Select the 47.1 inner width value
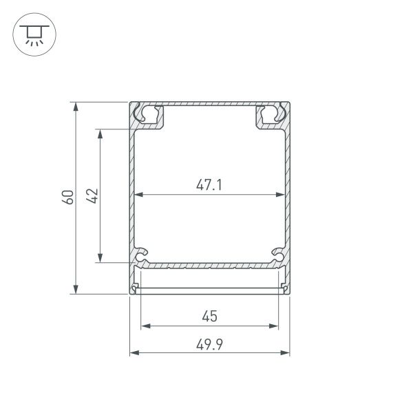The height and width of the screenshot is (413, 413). (x=210, y=184)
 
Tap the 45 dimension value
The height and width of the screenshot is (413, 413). (x=210, y=316)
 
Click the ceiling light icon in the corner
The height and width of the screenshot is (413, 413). (x=32, y=35)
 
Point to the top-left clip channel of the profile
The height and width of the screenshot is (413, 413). (x=147, y=114)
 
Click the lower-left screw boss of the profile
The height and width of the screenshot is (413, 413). (x=142, y=256)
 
